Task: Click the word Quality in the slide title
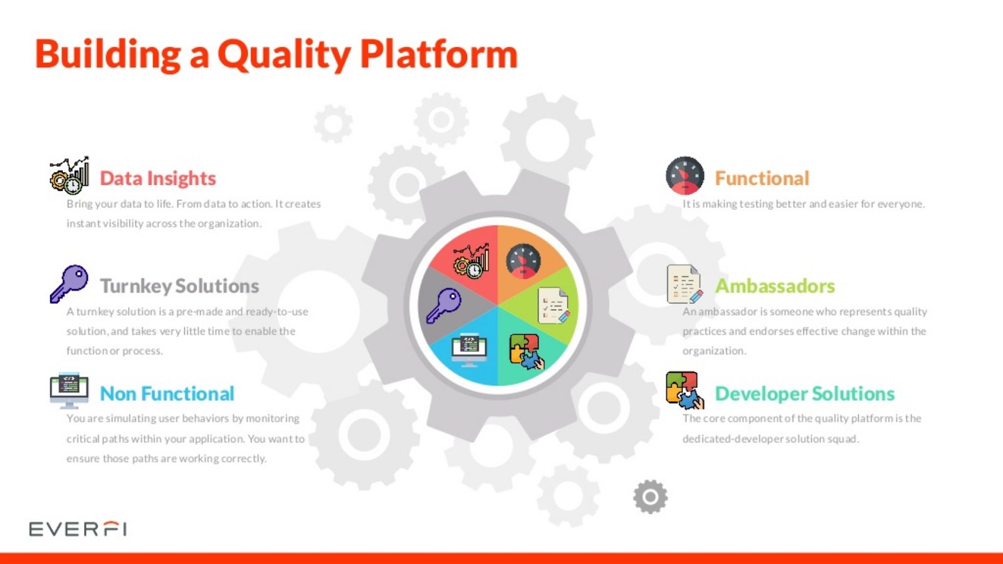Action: pyautogui.click(x=284, y=55)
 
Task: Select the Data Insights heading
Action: pyautogui.click(x=157, y=178)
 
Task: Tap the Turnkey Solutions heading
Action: pyautogui.click(x=179, y=286)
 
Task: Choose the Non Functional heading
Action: pyautogui.click(x=167, y=394)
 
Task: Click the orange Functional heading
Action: pyautogui.click(x=762, y=178)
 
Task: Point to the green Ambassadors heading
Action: pyautogui.click(x=775, y=286)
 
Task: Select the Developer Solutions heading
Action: pyautogui.click(x=804, y=394)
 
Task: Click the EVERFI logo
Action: pyautogui.click(x=78, y=529)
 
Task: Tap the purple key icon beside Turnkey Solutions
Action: pyautogui.click(x=69, y=284)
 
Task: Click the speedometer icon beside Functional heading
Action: pyautogui.click(x=685, y=175)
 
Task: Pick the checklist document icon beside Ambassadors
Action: pyautogui.click(x=685, y=284)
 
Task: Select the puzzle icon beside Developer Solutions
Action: pyautogui.click(x=685, y=390)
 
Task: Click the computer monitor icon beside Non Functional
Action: pyautogui.click(x=69, y=390)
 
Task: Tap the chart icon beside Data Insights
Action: pyautogui.click(x=69, y=175)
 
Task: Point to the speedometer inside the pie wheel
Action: pyautogui.click(x=523, y=261)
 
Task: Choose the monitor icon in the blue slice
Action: pyautogui.click(x=469, y=350)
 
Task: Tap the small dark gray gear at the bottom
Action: pyautogui.click(x=650, y=497)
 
